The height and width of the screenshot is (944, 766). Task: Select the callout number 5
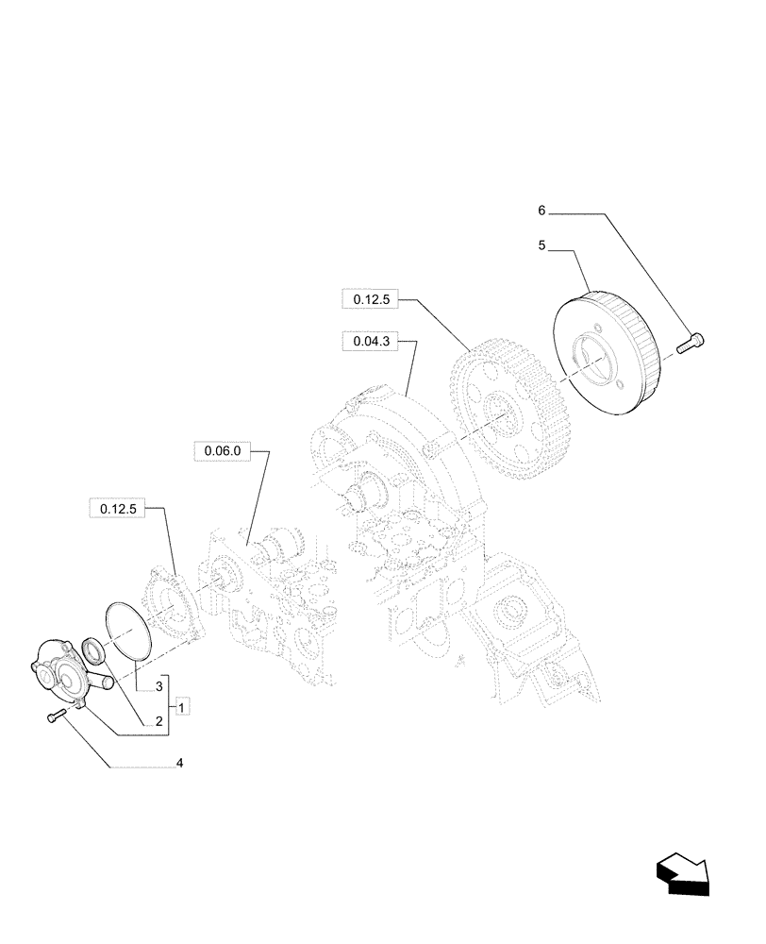coord(542,245)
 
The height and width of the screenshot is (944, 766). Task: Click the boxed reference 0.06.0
coord(223,451)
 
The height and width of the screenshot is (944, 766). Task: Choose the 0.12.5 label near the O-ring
coord(119,509)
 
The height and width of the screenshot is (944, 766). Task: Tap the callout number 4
coord(178,763)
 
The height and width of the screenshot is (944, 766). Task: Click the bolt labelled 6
coord(694,342)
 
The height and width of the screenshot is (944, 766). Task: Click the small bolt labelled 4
coord(55,719)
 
